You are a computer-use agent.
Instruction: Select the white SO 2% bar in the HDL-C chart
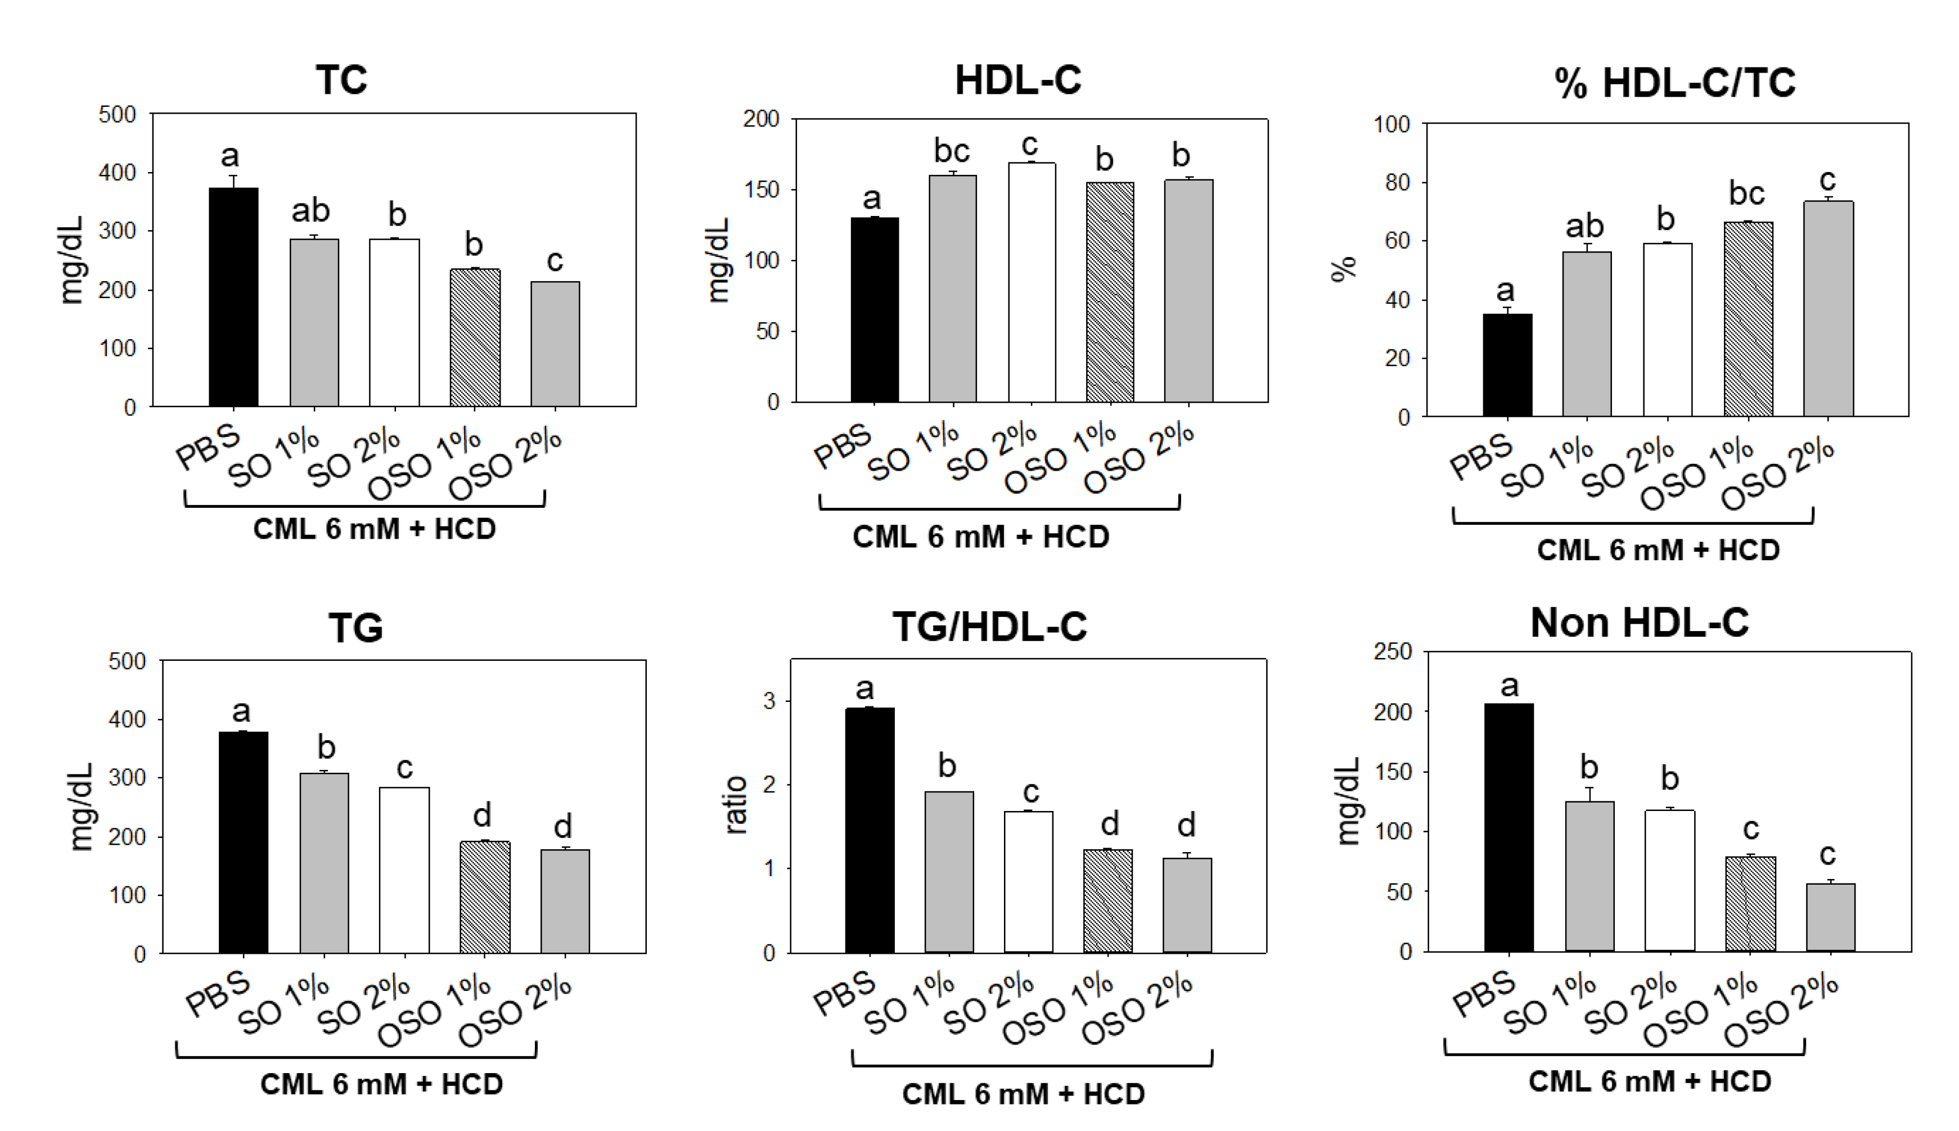(x=1032, y=283)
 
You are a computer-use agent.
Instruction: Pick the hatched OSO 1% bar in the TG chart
(x=485, y=897)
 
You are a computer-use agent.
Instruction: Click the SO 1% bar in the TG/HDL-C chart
(x=948, y=872)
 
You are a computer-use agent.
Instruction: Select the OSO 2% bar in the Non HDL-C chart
(x=1830, y=917)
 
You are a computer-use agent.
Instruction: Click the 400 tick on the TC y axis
(x=116, y=173)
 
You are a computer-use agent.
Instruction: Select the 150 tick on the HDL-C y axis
(x=760, y=190)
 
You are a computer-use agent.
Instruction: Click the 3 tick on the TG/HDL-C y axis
(x=769, y=701)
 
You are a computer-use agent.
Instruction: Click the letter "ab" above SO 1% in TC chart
(x=310, y=210)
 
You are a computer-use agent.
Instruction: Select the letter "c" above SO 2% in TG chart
(x=404, y=768)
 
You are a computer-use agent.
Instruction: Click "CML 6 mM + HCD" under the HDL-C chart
(x=980, y=537)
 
